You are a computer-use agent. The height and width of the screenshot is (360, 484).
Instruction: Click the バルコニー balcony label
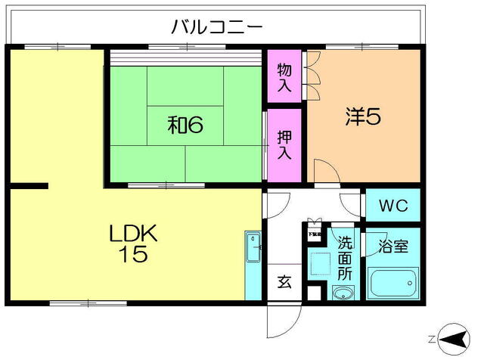coord(216,28)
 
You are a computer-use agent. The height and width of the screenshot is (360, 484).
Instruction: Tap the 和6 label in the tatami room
coord(185,124)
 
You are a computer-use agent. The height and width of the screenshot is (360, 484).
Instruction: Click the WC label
coord(393,206)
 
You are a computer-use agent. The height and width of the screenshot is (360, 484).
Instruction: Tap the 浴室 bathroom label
coord(393,247)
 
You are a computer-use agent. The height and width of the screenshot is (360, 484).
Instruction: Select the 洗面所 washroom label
coord(345,257)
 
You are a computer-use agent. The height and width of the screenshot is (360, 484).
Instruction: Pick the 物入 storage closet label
coord(284,77)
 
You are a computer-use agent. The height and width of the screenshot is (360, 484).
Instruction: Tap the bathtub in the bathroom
coord(393,284)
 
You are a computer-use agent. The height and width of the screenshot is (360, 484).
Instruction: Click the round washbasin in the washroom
coord(343,293)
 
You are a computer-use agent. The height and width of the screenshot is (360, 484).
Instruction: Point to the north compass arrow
coord(453,339)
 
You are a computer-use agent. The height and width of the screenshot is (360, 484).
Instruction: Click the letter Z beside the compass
coord(432,339)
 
